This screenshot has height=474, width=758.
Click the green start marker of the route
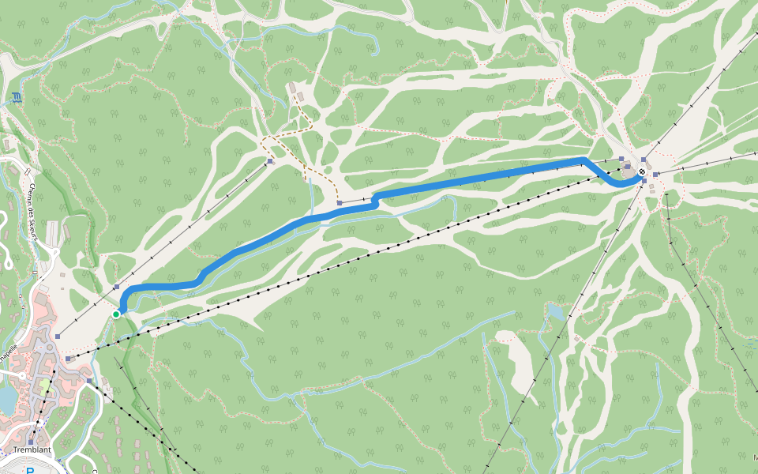tap(116, 314)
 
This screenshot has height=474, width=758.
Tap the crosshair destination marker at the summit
tap(643, 171)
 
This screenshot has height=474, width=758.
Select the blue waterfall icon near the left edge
tap(17, 99)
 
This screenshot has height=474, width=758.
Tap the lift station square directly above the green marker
tap(117, 288)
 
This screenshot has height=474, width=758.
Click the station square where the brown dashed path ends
tap(340, 203)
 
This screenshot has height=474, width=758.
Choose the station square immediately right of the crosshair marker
tap(655, 175)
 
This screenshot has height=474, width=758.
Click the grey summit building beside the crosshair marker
tap(628, 167)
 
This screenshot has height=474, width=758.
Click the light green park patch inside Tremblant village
tap(46, 387)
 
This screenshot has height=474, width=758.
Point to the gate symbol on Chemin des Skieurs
tap(28, 171)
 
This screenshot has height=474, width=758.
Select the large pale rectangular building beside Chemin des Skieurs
tap(52, 232)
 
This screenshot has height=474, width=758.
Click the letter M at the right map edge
tap(754, 457)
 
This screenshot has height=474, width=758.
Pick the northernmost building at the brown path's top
tap(291, 87)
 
